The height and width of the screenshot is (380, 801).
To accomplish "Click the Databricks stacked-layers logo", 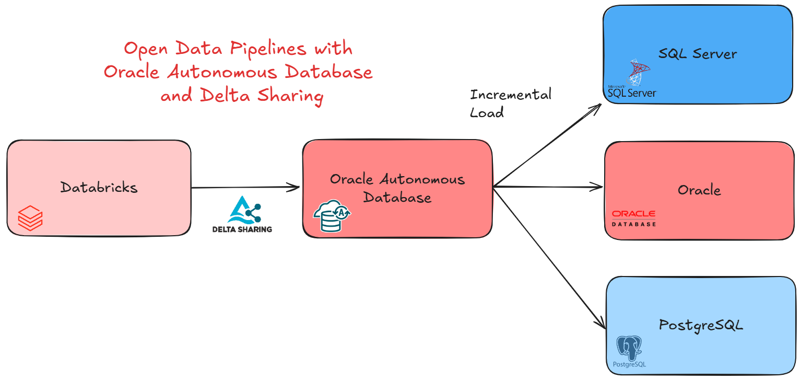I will pos(30,218).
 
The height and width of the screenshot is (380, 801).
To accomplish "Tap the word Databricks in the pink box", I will pos(99,187).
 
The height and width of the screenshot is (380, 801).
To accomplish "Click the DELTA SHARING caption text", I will pos(242,229).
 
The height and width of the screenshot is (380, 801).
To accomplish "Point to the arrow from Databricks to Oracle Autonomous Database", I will pos(245,188).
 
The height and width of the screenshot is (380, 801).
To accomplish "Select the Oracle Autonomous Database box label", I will pos(397,188).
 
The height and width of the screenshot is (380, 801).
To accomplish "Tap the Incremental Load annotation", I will pos(510,103).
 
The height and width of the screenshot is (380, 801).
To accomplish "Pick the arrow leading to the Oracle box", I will pos(548,186).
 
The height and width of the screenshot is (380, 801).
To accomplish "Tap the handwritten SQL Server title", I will pos(698,53).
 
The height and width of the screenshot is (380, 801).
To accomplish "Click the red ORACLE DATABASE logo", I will pos(633,218).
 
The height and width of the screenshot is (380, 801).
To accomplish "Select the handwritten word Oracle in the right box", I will pos(699,190).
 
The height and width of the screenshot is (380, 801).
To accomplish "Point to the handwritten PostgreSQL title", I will pos(701,325).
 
